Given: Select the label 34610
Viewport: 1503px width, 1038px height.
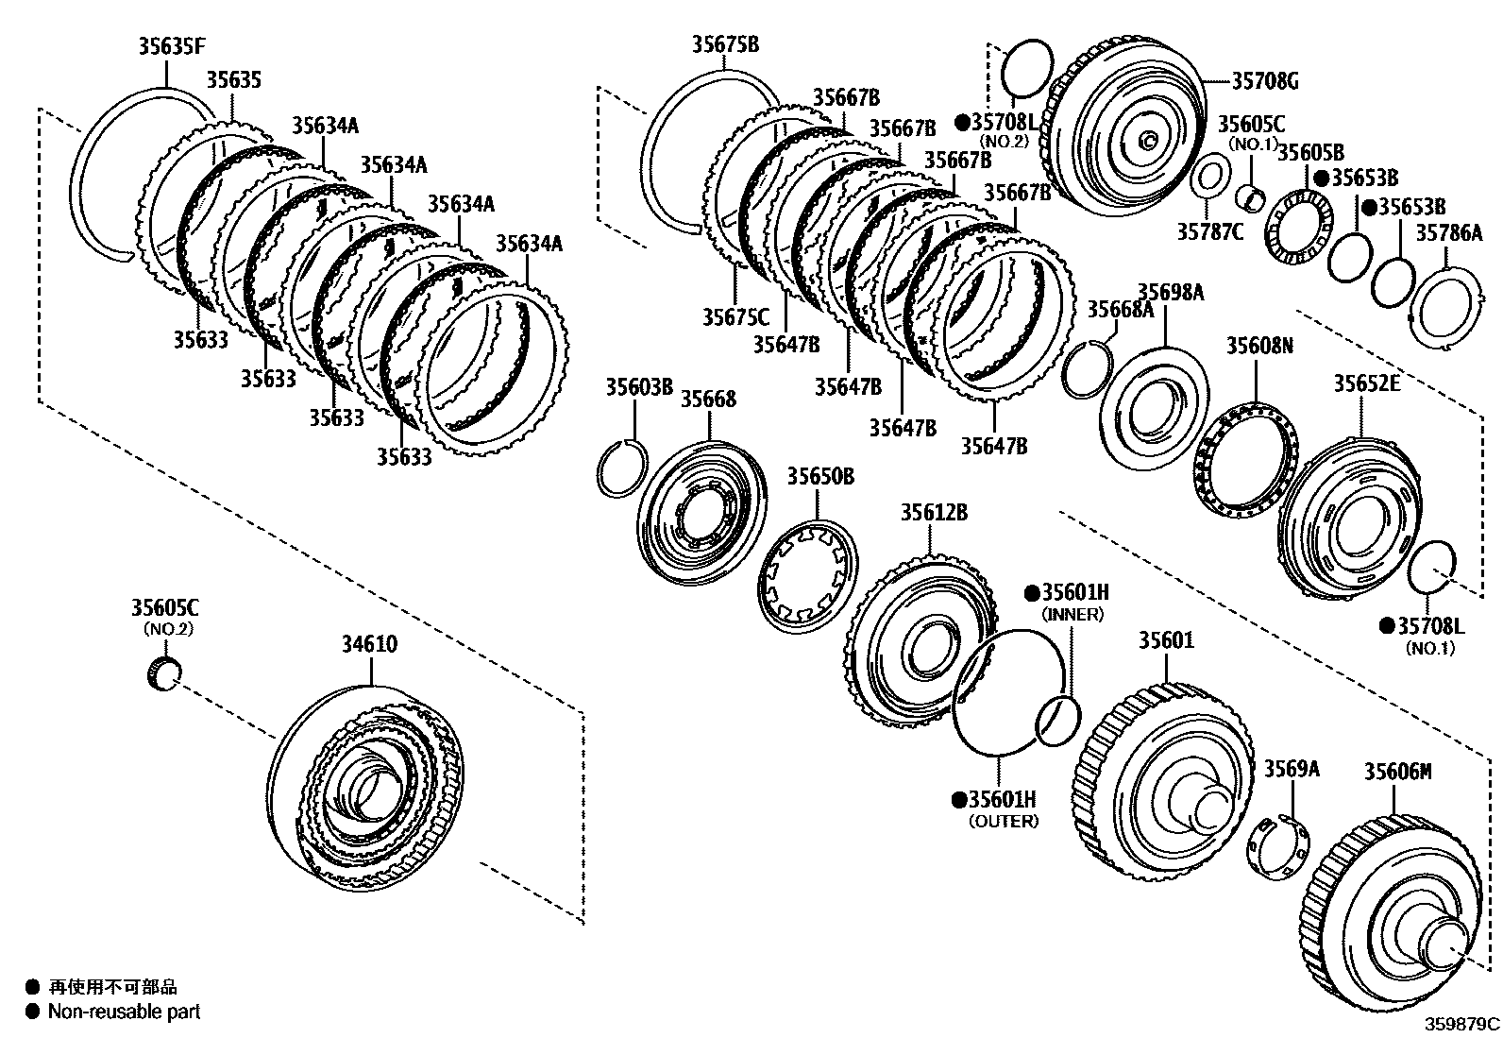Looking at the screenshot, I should (369, 644).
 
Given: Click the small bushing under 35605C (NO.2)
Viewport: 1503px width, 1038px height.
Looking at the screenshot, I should (165, 674).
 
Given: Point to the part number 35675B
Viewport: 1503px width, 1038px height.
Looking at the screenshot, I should (724, 44).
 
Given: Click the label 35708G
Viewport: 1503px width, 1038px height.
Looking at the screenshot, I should (1264, 81).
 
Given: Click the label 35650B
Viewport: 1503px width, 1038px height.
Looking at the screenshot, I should (820, 477).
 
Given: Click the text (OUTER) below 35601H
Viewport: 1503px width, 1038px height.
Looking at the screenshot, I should (1003, 822).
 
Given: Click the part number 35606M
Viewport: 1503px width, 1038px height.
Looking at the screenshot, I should (1397, 772).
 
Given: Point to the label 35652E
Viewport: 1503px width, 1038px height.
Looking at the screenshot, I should (1366, 383).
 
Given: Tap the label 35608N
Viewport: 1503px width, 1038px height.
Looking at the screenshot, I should (1259, 346).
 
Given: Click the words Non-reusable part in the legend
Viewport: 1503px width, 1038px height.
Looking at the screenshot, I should (125, 1012).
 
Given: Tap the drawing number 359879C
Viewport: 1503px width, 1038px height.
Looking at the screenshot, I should (1462, 1024).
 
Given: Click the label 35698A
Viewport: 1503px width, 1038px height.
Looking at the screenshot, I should (1170, 293).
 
